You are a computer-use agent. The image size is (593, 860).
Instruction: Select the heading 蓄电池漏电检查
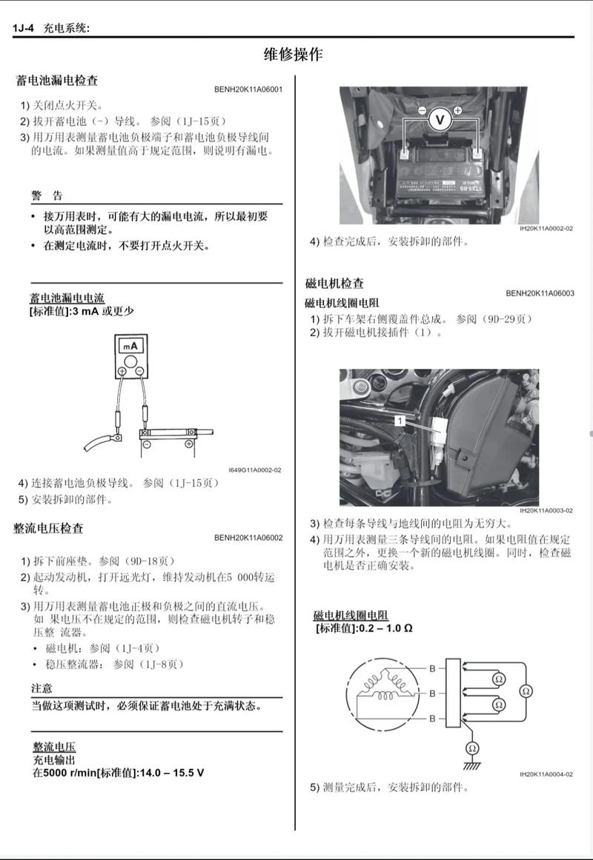[x=57, y=80]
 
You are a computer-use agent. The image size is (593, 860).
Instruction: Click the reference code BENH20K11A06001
[x=248, y=90]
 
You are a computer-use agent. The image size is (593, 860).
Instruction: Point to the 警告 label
[x=47, y=196]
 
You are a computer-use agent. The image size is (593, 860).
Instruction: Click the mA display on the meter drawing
[x=131, y=346]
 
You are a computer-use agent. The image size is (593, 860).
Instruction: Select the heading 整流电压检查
[x=49, y=528]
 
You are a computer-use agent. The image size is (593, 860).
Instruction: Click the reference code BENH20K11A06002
[x=248, y=538]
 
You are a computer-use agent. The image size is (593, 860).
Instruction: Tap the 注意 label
[x=42, y=688]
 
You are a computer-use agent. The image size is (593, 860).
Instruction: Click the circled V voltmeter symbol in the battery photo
[x=440, y=119]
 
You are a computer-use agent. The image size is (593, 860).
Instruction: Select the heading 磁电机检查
[x=334, y=283]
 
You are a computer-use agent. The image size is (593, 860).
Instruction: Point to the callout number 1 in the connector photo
[x=399, y=420]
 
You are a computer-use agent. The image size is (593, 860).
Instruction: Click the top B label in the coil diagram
[x=432, y=668]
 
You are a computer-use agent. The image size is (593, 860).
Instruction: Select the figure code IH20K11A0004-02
[x=546, y=775]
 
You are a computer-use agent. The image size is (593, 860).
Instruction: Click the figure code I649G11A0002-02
[x=255, y=470]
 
